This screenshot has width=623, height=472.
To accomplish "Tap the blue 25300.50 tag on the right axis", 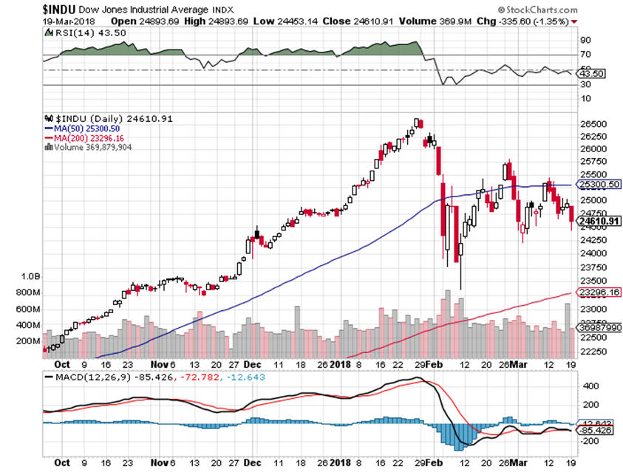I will tap(598, 185).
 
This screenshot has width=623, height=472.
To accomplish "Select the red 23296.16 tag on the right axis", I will tap(598, 293).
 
